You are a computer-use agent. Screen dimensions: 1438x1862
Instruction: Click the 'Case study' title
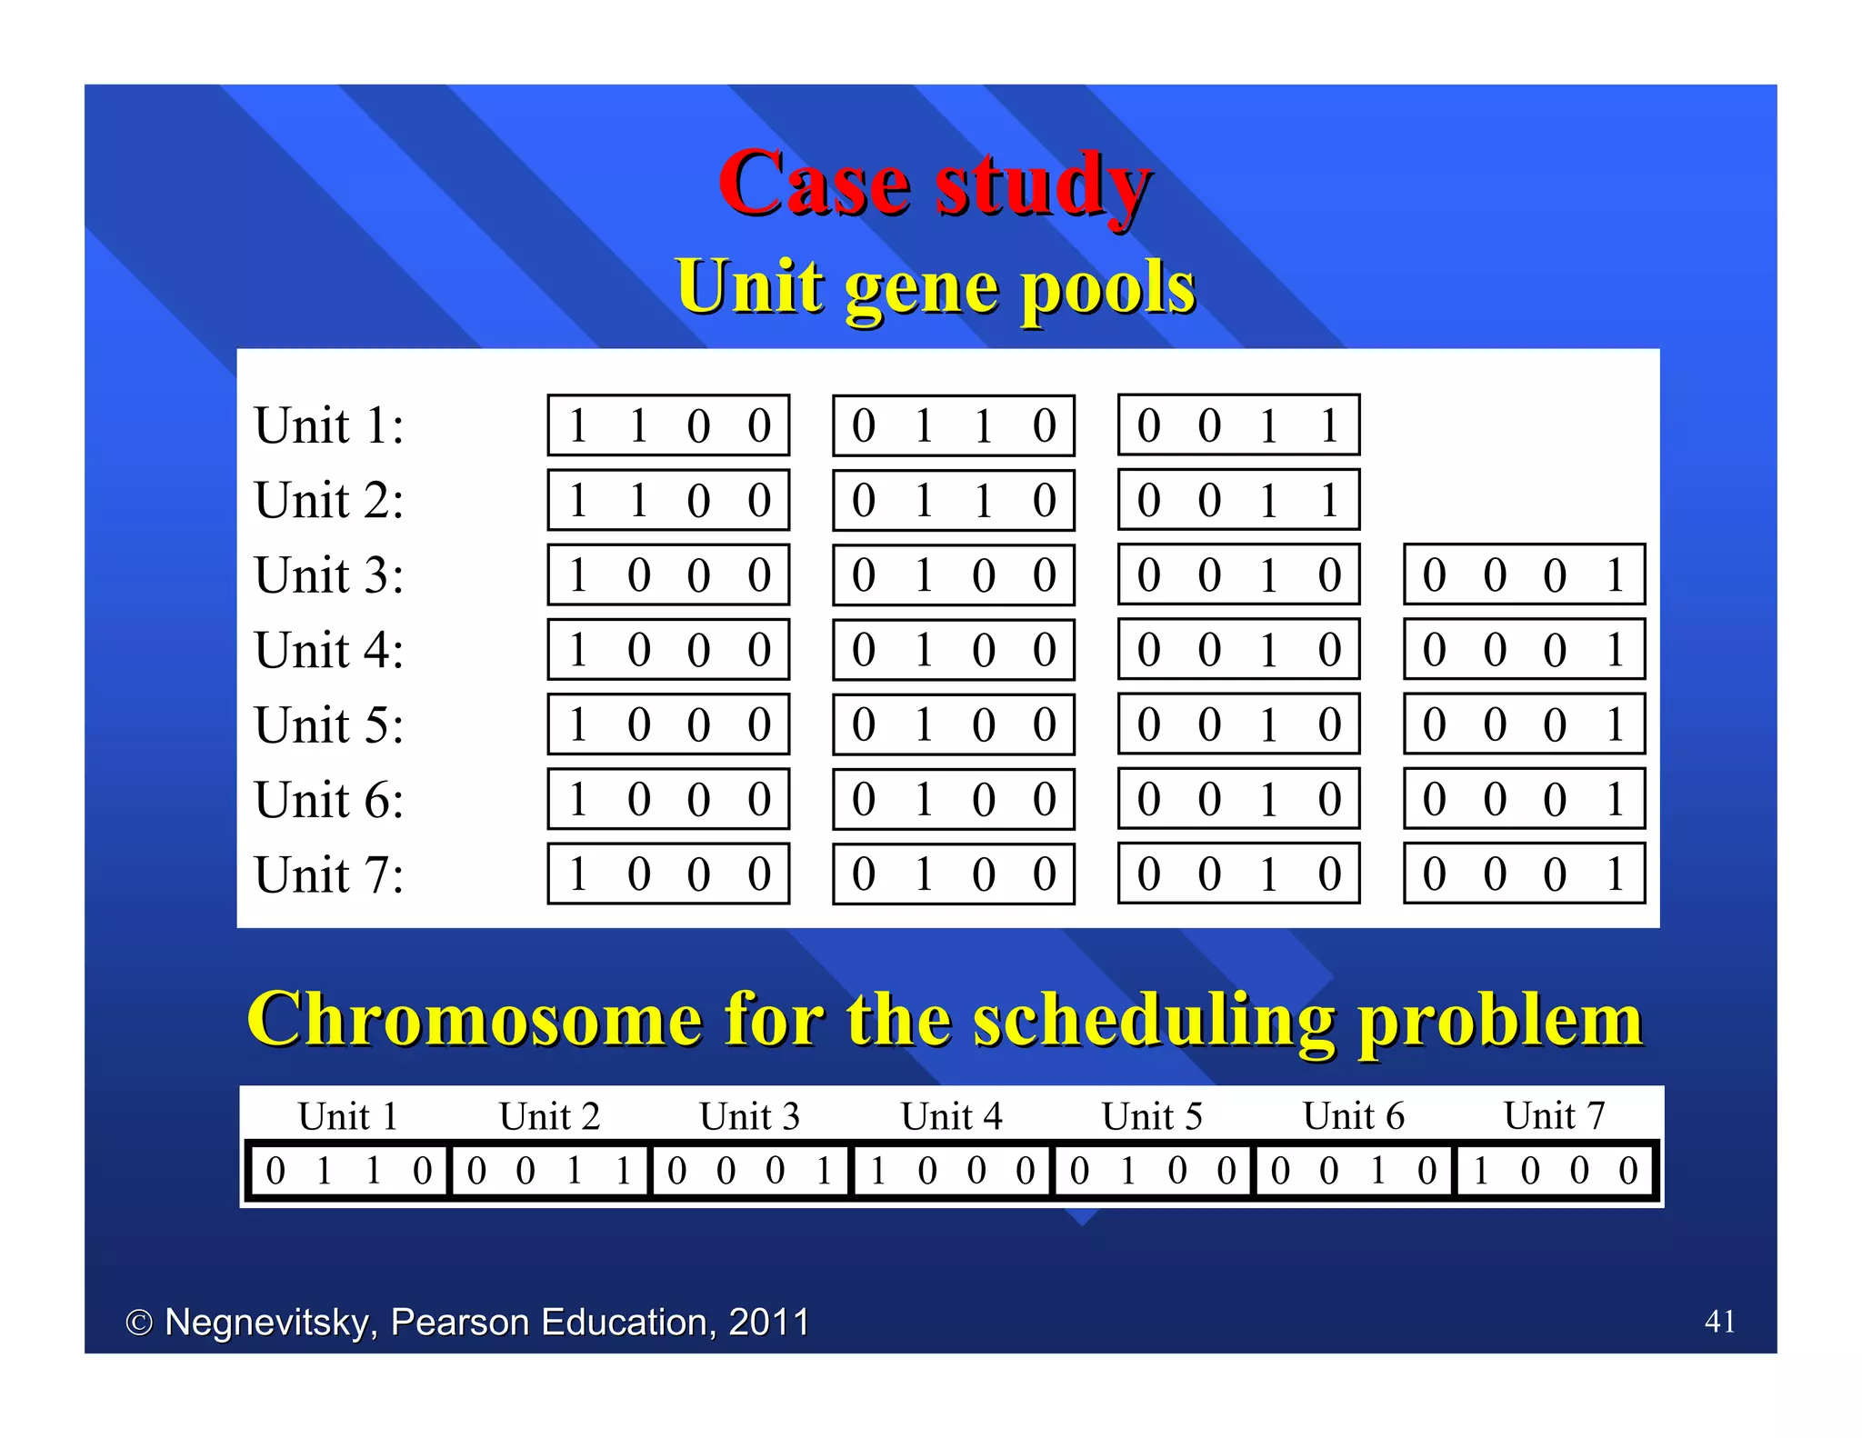[935, 185]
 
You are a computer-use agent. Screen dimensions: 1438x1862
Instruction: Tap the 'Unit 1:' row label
[329, 425]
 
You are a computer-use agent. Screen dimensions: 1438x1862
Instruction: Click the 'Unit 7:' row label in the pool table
[329, 874]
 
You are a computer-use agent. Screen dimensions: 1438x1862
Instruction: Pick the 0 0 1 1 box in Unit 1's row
[1238, 425]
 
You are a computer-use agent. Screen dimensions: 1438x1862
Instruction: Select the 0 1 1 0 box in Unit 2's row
[953, 500]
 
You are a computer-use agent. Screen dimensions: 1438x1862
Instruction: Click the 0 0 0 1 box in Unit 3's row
[1524, 574]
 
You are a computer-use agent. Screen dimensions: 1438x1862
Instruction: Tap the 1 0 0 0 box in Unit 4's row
[668, 650]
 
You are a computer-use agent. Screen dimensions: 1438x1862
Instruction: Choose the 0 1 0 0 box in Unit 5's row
[953, 724]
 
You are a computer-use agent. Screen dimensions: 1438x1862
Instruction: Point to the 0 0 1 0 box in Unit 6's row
[1238, 799]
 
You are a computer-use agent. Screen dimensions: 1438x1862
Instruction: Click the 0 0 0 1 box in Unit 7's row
[1524, 874]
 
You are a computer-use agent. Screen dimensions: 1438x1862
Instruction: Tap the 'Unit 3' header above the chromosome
[749, 1116]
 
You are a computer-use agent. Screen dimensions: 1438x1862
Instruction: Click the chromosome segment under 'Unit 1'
[348, 1171]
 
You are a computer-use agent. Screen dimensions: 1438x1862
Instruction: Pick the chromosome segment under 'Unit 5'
[1153, 1171]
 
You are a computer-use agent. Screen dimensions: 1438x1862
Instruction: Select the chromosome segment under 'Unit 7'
[1554, 1171]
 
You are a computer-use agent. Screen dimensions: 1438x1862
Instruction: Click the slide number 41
[1719, 1321]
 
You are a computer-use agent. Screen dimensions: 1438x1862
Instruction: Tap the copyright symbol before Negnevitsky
[138, 1323]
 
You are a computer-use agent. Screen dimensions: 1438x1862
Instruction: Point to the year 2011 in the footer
[768, 1322]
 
